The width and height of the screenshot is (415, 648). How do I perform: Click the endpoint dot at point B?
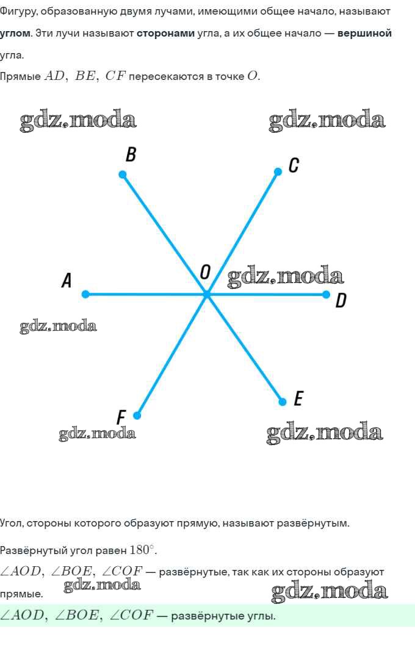(123, 175)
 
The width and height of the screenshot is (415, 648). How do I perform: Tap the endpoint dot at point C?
(278, 172)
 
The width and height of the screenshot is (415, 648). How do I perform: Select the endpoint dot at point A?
(85, 294)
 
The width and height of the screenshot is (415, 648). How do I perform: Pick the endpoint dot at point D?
(326, 295)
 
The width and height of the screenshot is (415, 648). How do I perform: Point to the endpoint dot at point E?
(282, 401)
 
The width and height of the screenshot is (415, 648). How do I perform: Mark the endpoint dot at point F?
(137, 416)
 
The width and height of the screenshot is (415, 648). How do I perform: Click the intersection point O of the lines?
(206, 295)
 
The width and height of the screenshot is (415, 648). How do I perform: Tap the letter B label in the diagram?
(131, 155)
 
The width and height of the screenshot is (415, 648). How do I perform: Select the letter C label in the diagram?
(294, 165)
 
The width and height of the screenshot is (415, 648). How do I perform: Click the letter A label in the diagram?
(67, 281)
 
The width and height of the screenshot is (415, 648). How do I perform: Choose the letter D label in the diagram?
(341, 300)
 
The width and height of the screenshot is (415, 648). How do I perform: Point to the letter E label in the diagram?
(298, 399)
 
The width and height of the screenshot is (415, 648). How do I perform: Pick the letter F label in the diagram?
(121, 417)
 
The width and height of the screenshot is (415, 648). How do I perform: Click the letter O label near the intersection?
(205, 272)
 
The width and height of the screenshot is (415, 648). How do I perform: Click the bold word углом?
(15, 33)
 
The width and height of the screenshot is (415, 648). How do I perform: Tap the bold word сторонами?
(165, 33)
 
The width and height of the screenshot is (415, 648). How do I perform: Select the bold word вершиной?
(364, 33)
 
